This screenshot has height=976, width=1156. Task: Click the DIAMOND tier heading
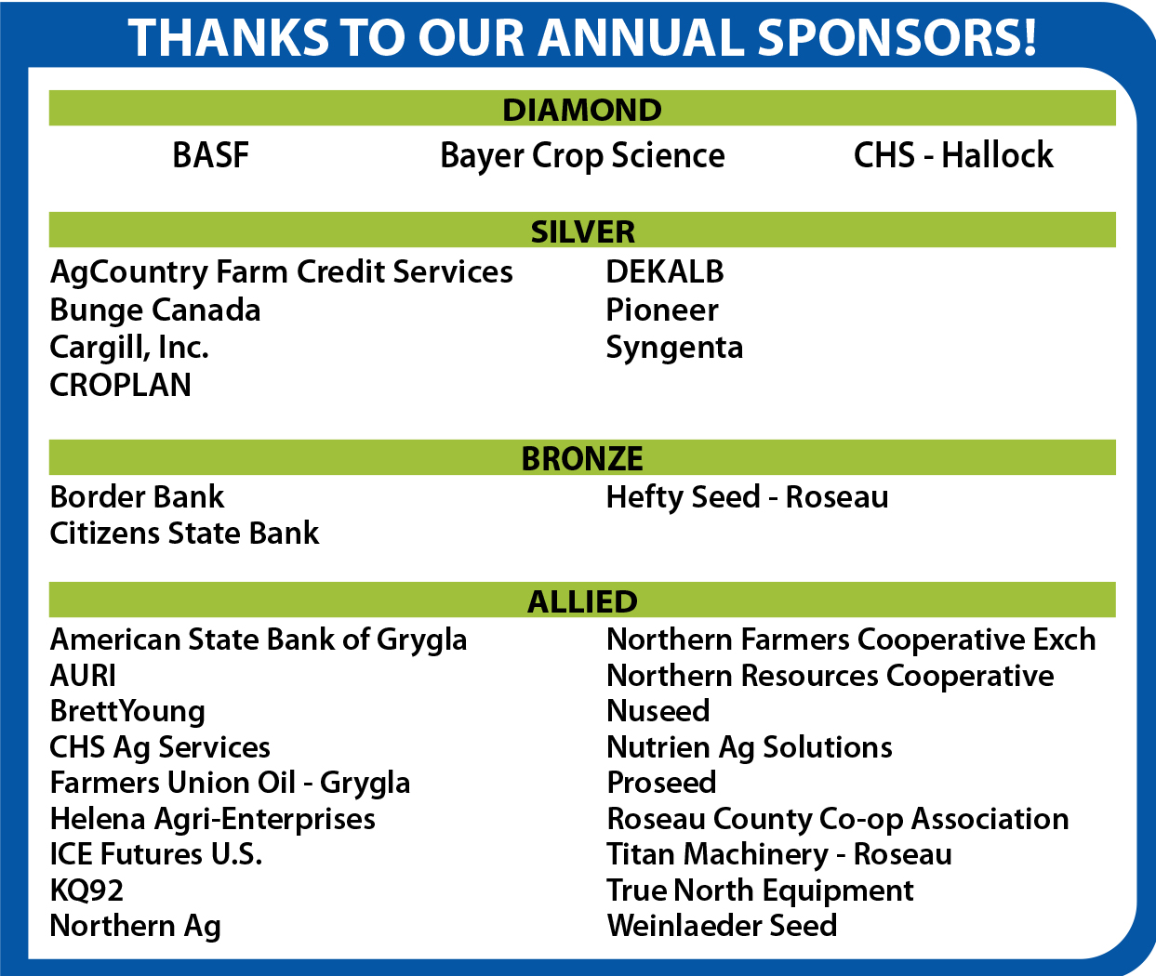582,110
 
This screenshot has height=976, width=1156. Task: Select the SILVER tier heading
582,231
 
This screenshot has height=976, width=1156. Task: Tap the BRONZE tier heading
582,458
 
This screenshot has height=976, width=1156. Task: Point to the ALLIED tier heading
582,601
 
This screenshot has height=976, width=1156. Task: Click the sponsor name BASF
210,155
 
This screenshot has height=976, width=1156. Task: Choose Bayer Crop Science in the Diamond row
582,156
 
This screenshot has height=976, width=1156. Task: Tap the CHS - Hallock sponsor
953,154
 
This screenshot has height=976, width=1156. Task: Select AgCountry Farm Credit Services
281,272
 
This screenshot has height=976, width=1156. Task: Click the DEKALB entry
664,271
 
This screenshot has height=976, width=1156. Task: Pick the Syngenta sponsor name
674,349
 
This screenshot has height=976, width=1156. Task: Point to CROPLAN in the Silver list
120,385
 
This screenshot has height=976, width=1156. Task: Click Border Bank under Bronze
137,497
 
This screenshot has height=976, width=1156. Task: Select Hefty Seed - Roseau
747,497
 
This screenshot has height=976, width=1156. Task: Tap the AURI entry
83,676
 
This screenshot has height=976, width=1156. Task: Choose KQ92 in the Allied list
86,890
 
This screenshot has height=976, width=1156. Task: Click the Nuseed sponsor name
658,711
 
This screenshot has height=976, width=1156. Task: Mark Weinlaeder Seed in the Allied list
722,926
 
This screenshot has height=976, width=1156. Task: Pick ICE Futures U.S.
155,854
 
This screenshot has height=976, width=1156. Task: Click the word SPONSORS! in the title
897,37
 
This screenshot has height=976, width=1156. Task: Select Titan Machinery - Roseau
779,854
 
